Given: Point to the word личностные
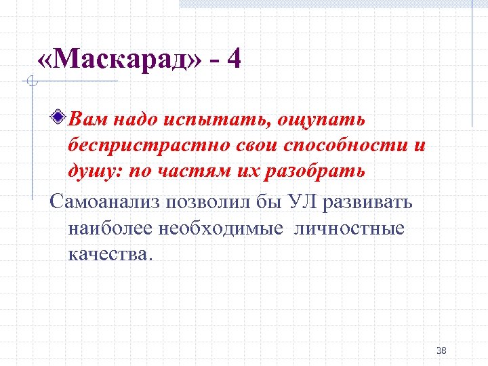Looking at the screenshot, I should (x=350, y=228).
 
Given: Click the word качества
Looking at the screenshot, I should (x=110, y=254).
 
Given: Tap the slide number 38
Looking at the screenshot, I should (x=441, y=350).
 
